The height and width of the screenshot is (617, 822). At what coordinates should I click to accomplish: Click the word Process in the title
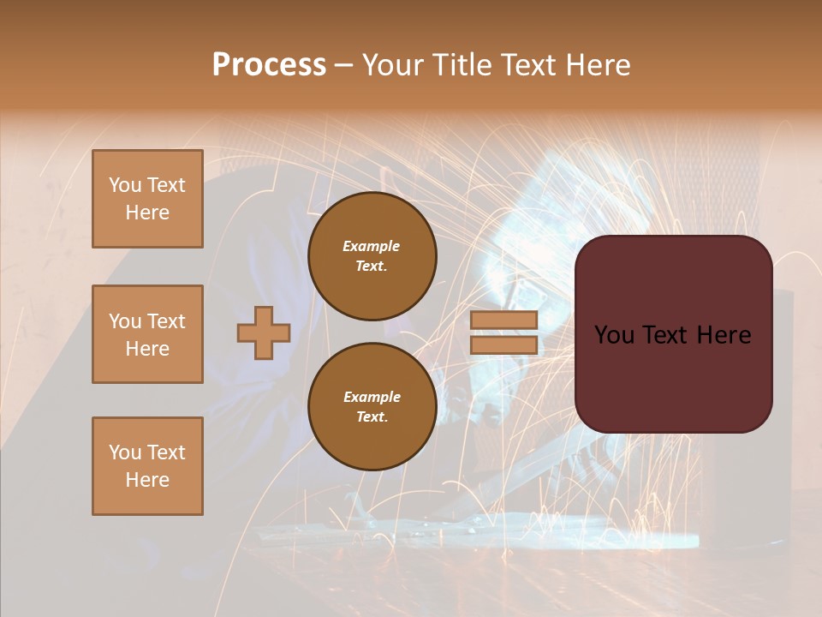pyautogui.click(x=269, y=65)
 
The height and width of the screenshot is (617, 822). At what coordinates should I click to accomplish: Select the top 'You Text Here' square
pyautogui.click(x=147, y=199)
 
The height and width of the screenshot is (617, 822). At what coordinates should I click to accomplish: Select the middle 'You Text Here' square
pyautogui.click(x=147, y=334)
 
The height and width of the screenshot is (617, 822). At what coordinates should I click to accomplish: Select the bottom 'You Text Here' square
pyautogui.click(x=147, y=465)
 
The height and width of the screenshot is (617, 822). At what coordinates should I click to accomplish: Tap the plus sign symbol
pyautogui.click(x=264, y=332)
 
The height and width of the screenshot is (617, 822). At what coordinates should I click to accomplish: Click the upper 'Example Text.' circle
pyautogui.click(x=372, y=256)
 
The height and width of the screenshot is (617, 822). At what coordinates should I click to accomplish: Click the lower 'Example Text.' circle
pyautogui.click(x=372, y=406)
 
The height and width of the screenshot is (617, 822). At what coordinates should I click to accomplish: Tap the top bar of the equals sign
pyautogui.click(x=503, y=320)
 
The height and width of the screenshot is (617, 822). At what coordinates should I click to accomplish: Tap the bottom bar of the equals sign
pyautogui.click(x=503, y=344)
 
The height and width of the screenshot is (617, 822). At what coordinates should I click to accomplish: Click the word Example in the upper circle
pyautogui.click(x=372, y=246)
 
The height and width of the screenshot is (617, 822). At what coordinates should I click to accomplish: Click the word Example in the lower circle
pyautogui.click(x=372, y=397)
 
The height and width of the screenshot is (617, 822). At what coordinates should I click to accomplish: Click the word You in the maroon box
pyautogui.click(x=614, y=335)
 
